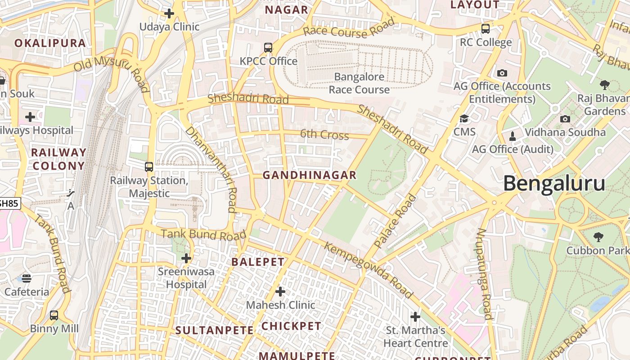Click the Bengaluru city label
554,184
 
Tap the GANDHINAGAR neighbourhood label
310,175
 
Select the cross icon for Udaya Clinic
169,13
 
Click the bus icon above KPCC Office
268,47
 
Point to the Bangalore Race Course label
359,83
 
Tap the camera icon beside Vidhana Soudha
565,119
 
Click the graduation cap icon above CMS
464,119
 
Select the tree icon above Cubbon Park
598,237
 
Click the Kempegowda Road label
368,270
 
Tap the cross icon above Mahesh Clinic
280,292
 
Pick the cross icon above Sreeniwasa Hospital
186,258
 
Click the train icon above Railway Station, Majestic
149,167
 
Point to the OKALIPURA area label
50,43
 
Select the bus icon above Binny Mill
54,315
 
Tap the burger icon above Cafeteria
27,278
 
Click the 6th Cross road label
324,134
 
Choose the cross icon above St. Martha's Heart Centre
415,317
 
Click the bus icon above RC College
486,29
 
